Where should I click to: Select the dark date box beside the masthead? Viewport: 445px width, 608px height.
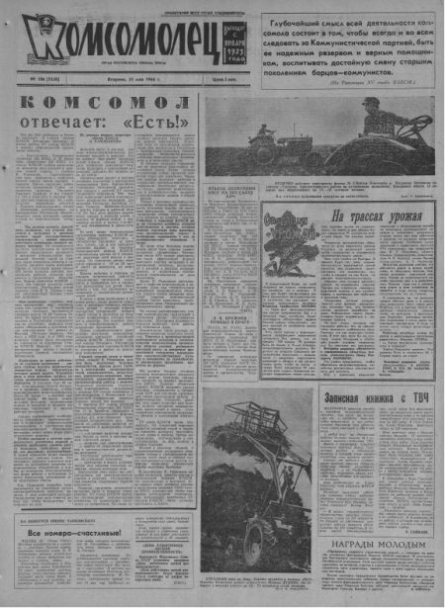[x=232, y=42]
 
